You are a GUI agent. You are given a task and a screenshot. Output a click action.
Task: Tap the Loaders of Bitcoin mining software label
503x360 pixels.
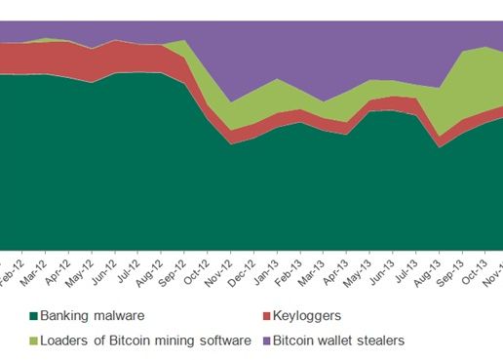142,340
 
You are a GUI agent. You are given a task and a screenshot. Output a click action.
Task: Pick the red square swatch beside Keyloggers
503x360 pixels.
270,316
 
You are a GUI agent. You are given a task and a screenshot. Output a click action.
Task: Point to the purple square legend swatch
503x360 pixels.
270,340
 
